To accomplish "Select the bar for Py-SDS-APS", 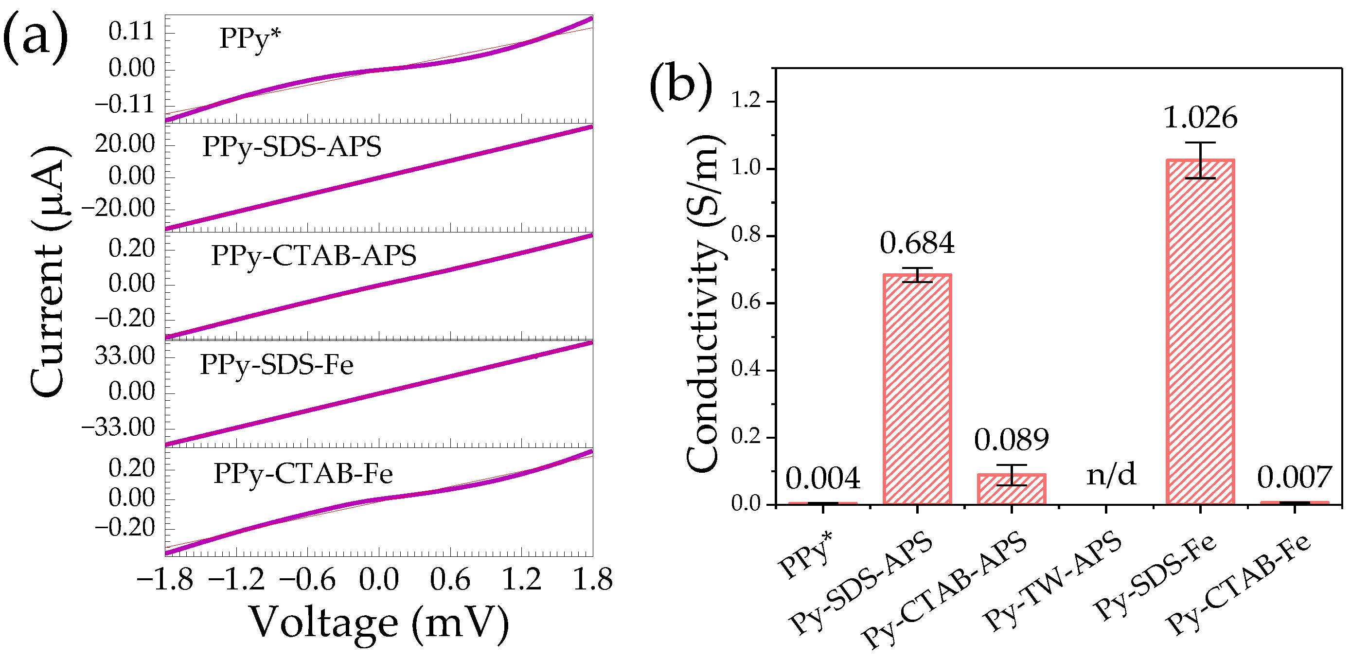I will pos(917,389).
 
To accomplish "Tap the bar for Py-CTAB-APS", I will pos(1011,489).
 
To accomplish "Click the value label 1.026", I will pos(1200,118).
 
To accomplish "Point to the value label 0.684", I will pos(917,243).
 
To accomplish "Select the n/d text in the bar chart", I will pos(1111,475).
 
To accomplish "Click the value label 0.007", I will pos(1295,477).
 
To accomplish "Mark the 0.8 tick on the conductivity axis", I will pos(747,235).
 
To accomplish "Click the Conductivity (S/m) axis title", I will pos(705,304).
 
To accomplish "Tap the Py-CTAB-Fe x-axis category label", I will pos(1238,585).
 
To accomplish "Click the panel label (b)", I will pos(681,84).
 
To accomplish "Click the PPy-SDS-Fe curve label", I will pos(276,365).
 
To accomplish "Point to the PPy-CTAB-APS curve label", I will pos(313,255).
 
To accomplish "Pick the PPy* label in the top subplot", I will pos(249,38).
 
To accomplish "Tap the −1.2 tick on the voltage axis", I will pos(236,580).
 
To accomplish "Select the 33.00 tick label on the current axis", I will pos(125,356).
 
